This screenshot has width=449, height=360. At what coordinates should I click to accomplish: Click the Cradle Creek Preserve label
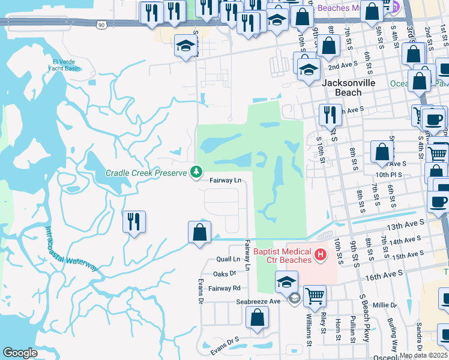[x=146, y=173]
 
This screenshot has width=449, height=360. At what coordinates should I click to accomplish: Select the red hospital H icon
[x=321, y=255]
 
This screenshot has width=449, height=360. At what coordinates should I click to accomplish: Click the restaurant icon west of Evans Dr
[x=134, y=223]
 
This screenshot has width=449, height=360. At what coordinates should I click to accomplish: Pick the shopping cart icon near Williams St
[x=315, y=296]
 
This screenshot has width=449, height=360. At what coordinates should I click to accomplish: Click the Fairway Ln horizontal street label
[x=225, y=180]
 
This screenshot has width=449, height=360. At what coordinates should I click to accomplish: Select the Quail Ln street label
[x=228, y=259]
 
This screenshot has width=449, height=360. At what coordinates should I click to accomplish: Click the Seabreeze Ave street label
[x=258, y=301]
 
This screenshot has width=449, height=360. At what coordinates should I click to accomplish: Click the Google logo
[x=20, y=353]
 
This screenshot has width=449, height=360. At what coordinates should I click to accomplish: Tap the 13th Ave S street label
[x=406, y=223]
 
